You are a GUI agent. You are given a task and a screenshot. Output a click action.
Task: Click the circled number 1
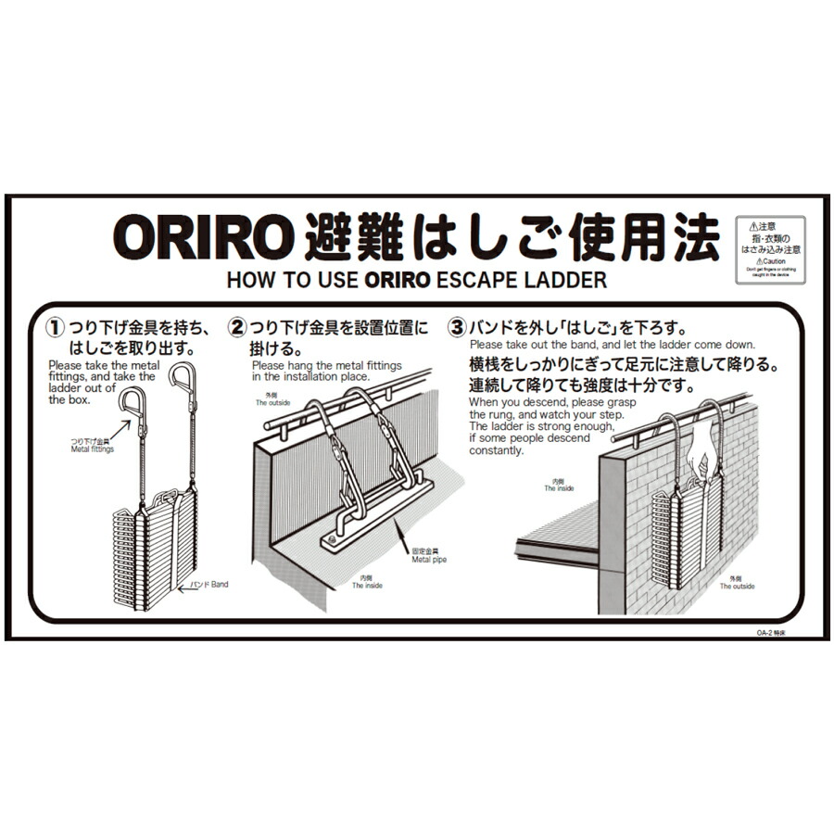(57, 328)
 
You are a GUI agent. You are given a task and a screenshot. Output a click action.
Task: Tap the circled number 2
(238, 328)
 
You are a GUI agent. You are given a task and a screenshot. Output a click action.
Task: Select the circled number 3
(457, 328)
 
